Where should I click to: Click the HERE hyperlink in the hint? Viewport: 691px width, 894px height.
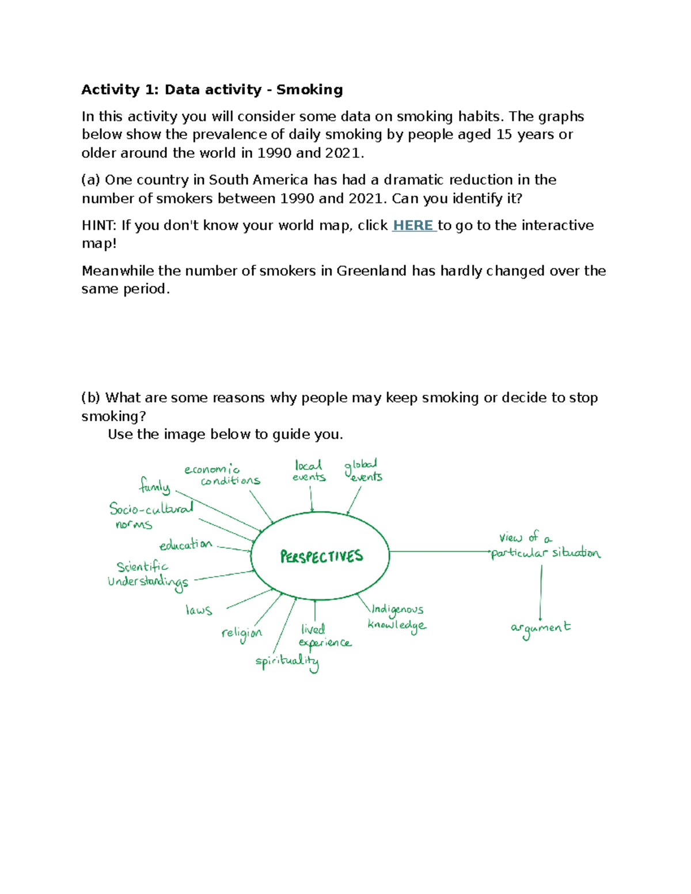[413, 225]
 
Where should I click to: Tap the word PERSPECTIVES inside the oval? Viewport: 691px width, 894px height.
[321, 556]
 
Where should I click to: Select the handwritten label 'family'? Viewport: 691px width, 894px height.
[154, 486]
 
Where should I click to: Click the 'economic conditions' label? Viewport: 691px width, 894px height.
[222, 475]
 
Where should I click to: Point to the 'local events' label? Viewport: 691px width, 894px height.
[309, 471]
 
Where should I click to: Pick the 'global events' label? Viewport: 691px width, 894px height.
[363, 470]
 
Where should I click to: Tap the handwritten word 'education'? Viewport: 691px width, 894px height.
[185, 544]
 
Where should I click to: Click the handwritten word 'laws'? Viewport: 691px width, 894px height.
[199, 610]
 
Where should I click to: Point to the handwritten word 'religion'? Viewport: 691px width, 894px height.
[241, 634]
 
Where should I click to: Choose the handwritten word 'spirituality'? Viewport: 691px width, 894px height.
[287, 661]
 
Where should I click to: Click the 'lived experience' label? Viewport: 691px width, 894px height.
[324, 636]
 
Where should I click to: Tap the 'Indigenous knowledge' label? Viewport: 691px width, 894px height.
[397, 617]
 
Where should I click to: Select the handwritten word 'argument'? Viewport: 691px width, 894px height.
[540, 628]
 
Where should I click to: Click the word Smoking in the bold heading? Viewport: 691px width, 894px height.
[309, 90]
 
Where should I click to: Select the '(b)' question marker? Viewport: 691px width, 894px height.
[90, 398]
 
